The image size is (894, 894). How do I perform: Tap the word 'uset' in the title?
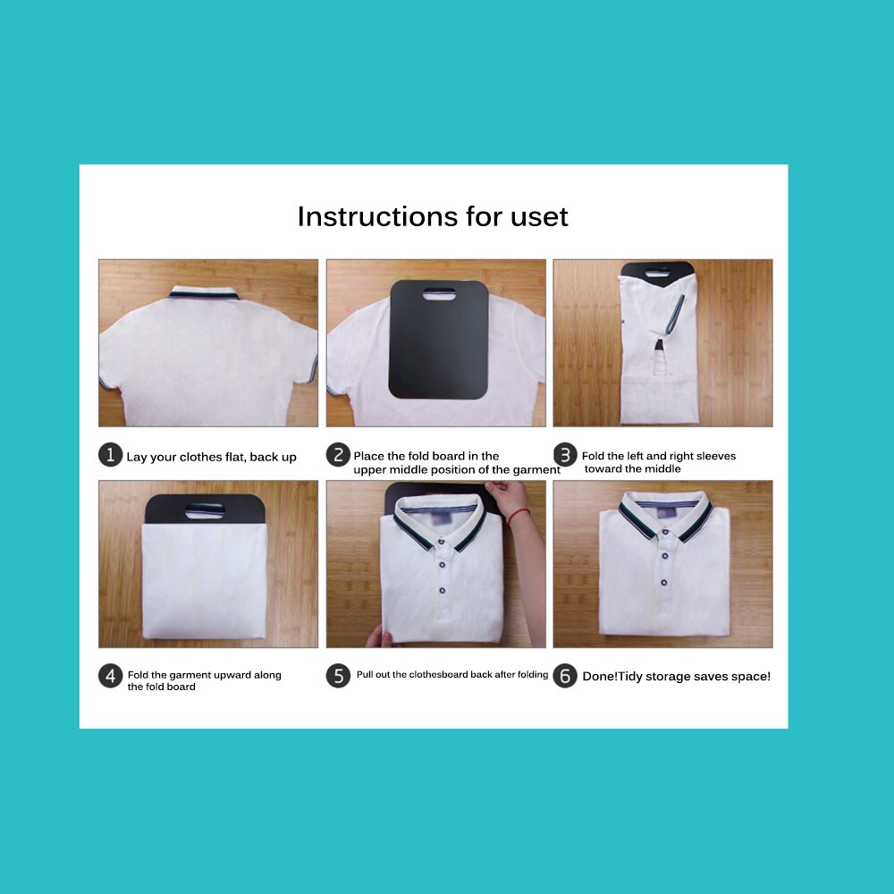537,216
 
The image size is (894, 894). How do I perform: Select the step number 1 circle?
109,456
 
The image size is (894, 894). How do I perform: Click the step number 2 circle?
337,456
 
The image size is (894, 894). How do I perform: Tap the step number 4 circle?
109,676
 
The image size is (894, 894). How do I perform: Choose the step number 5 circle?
337,676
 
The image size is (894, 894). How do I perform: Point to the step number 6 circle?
564,676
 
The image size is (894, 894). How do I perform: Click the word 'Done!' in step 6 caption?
600,677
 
